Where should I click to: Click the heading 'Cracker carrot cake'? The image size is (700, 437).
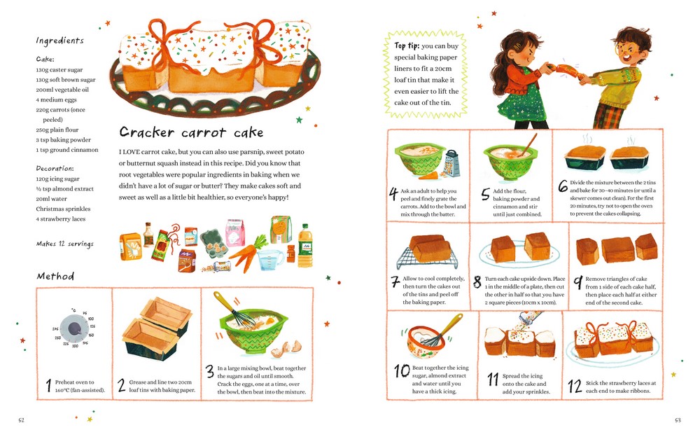tap(191, 132)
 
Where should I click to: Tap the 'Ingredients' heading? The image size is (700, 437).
tap(59, 41)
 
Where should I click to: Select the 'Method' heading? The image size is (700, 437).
tap(55, 276)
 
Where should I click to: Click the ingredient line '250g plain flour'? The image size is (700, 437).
tap(57, 130)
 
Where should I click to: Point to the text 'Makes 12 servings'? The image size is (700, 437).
tap(64, 244)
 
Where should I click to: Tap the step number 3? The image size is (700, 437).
tap(210, 372)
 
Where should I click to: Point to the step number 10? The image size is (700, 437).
tap(402, 370)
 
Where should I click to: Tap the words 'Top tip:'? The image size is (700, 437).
tap(407, 46)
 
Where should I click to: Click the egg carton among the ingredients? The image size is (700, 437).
tap(213, 242)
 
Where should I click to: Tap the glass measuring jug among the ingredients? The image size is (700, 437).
tap(271, 260)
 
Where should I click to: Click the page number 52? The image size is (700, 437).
tap(22, 420)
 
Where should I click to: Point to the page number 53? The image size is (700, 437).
tap(678, 420)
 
